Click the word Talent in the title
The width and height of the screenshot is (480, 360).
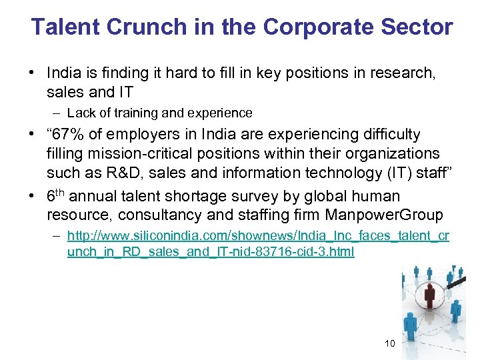pyautogui.click(x=62, y=27)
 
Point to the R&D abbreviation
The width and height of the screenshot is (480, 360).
pyautogui.click(x=122, y=173)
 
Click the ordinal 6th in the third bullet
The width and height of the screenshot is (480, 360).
pyautogui.click(x=55, y=196)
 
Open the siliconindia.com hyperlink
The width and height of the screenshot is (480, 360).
pyautogui.click(x=258, y=243)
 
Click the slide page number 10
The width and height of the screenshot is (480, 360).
pyautogui.click(x=390, y=343)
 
